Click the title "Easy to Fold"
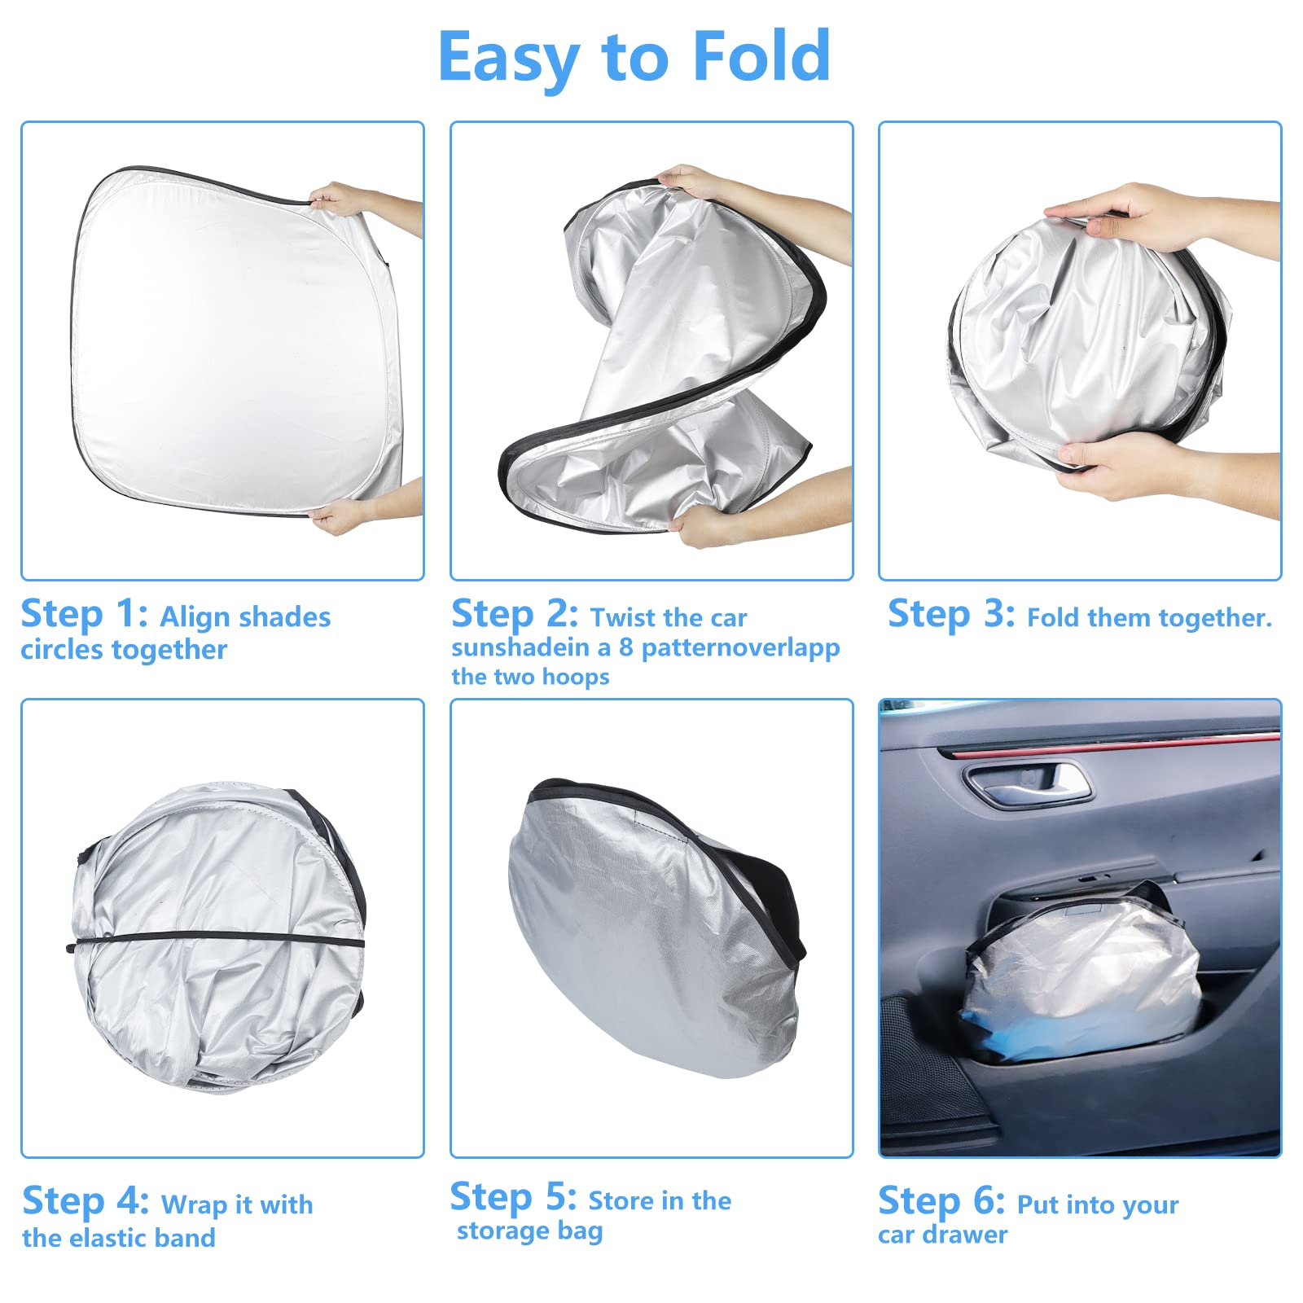click(634, 57)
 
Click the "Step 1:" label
click(84, 614)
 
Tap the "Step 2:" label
click(514, 614)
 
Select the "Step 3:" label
click(951, 614)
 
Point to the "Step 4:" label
click(86, 1201)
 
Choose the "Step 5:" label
click(513, 1197)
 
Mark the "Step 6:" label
click(941, 1201)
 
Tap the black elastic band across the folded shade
click(216, 941)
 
